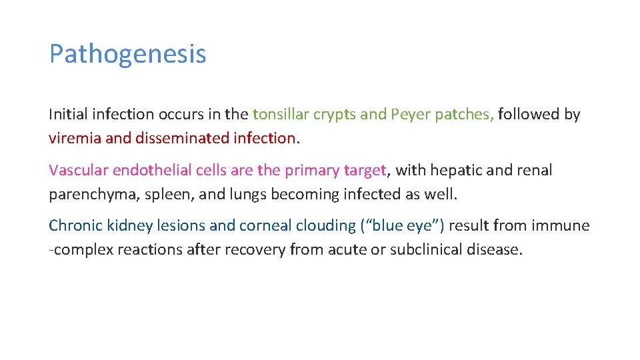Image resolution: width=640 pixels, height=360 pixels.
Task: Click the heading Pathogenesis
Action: [127, 54]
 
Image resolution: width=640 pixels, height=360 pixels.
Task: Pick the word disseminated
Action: [181, 138]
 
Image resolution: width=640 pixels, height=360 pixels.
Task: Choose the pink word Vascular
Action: [78, 170]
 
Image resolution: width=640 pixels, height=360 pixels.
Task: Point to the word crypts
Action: [333, 114]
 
